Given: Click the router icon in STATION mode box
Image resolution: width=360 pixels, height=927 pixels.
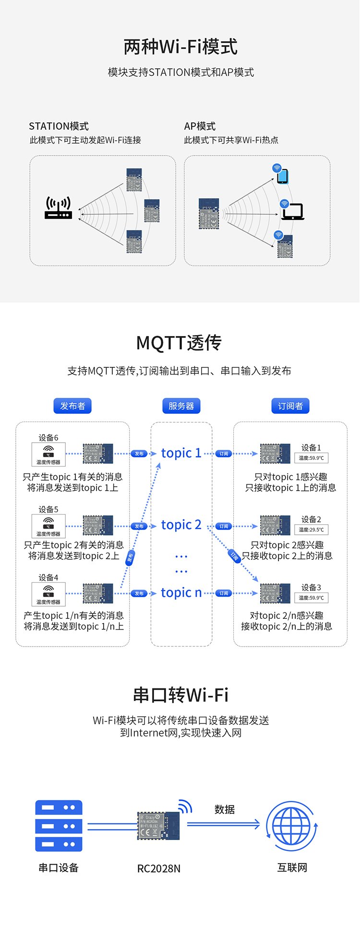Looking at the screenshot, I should [58, 208].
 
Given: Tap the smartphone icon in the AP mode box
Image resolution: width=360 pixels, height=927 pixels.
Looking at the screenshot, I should [283, 176].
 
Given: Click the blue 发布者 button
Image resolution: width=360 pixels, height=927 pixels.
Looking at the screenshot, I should [72, 406].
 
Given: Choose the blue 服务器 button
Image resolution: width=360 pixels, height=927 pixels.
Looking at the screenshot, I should [181, 406].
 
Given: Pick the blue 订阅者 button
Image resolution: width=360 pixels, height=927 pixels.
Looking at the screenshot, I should [290, 406].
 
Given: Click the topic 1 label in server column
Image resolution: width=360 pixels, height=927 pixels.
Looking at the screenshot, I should [181, 453].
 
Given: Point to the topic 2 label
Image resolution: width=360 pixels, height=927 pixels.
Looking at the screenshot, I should [181, 525].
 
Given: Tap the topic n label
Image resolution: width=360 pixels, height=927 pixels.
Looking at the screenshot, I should [181, 593].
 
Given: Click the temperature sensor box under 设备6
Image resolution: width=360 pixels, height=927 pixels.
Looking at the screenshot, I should [48, 455].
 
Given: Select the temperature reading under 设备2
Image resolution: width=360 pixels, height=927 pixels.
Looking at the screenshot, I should [311, 530].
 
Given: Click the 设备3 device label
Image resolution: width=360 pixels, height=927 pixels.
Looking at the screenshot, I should [311, 588].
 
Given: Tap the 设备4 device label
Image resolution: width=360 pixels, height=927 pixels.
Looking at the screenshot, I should [48, 578].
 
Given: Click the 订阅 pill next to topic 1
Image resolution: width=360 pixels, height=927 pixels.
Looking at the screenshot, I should [224, 454].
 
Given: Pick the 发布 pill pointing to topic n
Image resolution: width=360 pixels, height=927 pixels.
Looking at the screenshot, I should [139, 594].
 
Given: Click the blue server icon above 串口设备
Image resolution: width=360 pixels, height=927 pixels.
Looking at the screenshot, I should [59, 826].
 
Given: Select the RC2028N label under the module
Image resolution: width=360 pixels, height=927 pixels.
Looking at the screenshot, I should [159, 868].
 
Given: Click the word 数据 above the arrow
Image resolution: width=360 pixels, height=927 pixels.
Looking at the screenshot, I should [225, 810].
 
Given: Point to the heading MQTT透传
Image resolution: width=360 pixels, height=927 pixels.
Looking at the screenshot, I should [179, 343].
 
